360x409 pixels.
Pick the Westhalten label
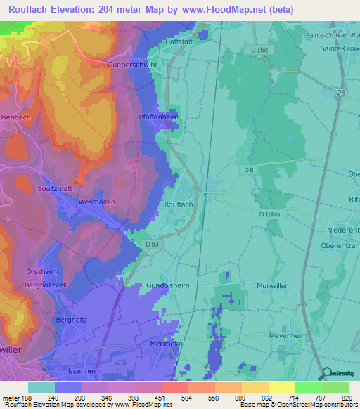[96, 202]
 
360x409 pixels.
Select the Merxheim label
[167, 344]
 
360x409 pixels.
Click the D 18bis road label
[269, 214]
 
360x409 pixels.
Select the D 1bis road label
[261, 51]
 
